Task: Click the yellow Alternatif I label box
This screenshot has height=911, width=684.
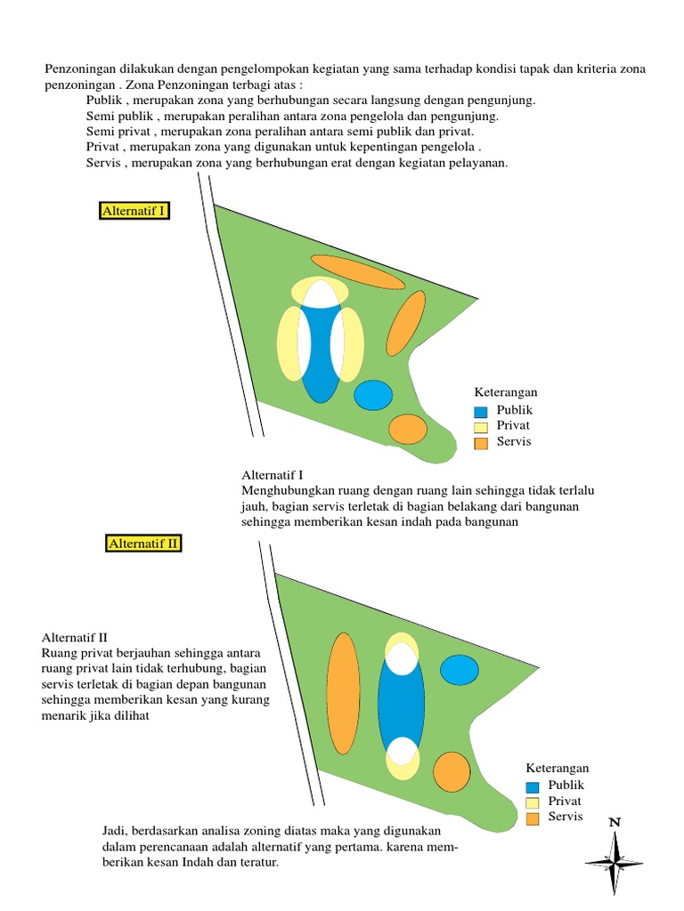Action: tap(134, 211)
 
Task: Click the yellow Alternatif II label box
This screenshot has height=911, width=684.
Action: tap(143, 544)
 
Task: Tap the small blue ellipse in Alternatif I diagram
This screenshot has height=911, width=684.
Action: tap(373, 395)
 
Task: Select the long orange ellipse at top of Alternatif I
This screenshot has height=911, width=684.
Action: tap(357, 271)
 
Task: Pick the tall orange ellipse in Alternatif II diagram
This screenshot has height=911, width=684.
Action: tap(343, 693)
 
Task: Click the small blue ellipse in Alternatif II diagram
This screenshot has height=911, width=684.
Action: tap(460, 670)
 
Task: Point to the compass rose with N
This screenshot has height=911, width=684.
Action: tap(615, 859)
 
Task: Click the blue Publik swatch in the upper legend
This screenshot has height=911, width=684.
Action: tap(481, 412)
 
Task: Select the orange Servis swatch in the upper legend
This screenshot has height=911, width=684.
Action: tap(481, 443)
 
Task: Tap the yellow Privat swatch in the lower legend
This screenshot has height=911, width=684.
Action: tap(533, 802)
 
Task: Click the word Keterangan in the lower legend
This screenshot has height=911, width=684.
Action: tap(558, 769)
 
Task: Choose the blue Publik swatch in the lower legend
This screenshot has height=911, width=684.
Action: tap(533, 786)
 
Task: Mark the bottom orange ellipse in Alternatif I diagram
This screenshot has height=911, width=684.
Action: tap(409, 429)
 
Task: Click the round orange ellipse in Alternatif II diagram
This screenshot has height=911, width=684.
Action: tap(452, 771)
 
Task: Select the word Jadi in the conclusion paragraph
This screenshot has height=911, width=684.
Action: tap(115, 830)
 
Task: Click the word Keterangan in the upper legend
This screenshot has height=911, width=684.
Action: tap(506, 392)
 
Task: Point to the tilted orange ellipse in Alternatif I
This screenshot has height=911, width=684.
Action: tap(406, 322)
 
